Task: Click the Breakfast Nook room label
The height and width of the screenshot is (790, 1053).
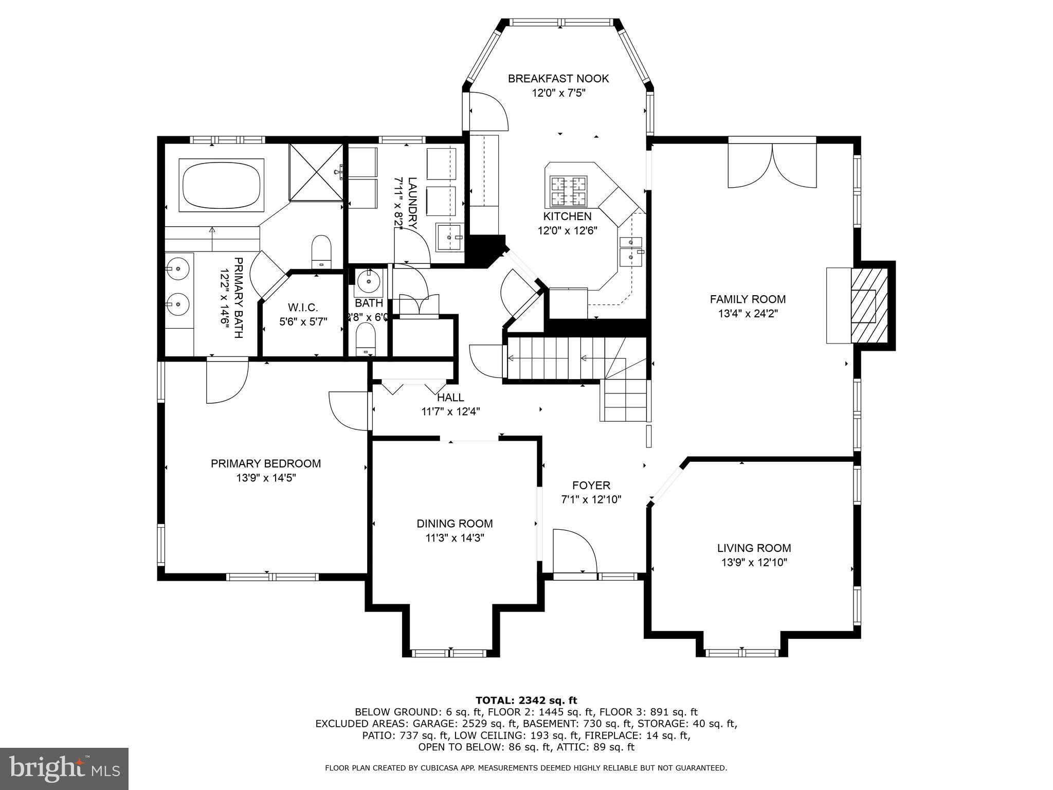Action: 558,79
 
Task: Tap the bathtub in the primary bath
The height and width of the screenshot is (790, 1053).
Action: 221,185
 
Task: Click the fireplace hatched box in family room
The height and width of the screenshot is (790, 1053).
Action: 868,306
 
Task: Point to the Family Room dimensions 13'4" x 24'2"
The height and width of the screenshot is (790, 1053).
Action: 748,314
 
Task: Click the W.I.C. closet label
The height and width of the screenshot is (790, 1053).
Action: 303,308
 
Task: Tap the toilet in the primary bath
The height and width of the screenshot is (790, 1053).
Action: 322,251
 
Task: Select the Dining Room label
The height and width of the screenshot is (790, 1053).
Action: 455,524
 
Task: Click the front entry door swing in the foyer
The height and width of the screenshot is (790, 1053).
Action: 574,550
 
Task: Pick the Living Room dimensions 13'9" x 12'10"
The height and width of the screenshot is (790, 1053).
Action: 754,563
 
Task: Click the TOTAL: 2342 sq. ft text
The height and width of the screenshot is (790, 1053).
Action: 526,700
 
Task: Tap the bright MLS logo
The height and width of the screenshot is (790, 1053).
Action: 64,768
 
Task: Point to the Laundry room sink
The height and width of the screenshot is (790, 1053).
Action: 450,237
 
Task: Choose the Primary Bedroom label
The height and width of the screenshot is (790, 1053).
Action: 265,463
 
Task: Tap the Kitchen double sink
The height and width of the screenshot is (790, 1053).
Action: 631,250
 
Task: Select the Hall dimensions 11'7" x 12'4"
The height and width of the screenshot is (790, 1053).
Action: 451,411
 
